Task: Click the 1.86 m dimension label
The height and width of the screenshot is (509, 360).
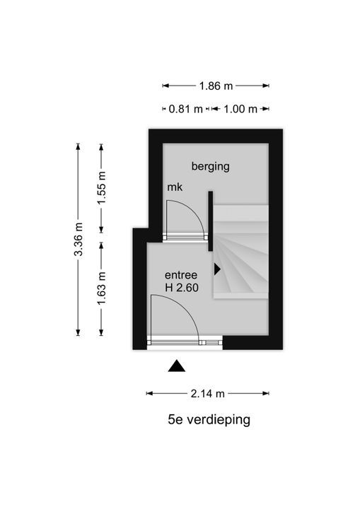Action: tap(216, 86)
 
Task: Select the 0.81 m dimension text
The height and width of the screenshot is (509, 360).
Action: tap(186, 109)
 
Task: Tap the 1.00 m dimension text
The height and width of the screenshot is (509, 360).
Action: tap(240, 109)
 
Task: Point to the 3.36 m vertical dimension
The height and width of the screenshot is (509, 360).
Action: tap(79, 239)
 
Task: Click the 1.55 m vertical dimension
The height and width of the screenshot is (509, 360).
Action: tap(102, 188)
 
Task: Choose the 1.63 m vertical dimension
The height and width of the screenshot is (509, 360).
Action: tap(102, 288)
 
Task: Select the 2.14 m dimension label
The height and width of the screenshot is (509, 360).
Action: tap(208, 394)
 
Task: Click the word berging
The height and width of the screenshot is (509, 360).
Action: tap(211, 167)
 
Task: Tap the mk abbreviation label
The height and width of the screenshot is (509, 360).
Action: tap(175, 187)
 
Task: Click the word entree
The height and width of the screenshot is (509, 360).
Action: tap(181, 275)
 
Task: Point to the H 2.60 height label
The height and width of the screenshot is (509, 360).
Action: tap(182, 288)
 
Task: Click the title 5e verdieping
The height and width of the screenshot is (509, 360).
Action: tap(209, 420)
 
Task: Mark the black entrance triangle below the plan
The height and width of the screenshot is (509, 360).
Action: tap(177, 366)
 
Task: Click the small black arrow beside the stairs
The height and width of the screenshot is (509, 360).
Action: tap(217, 269)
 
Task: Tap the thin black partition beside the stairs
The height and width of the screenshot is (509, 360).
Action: tap(211, 221)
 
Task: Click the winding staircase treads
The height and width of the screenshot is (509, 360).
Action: tap(240, 252)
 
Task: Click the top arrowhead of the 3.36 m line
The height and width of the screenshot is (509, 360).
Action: tap(78, 146)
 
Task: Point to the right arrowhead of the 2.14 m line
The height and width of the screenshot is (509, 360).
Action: tap(266, 394)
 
